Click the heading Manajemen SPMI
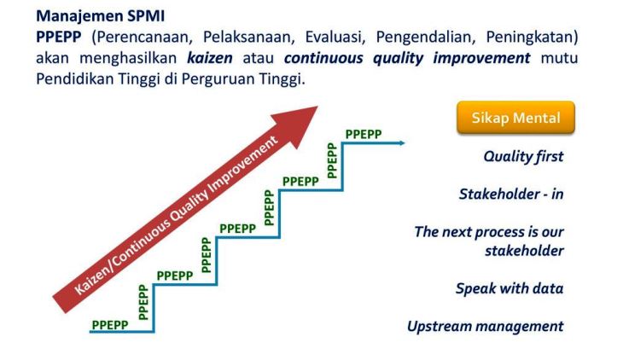tap(101, 16)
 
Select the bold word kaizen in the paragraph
tap(210, 58)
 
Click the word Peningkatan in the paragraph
tap(529, 38)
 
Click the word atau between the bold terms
tap(259, 59)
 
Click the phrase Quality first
tap(523, 156)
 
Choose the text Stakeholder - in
tap(511, 194)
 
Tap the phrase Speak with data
tap(510, 288)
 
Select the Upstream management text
tap(486, 327)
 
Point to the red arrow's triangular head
tap(299, 125)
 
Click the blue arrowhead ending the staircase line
tap(402, 142)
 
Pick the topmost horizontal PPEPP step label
tap(364, 134)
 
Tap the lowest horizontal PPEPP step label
tap(110, 325)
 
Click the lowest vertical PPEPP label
tap(143, 302)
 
